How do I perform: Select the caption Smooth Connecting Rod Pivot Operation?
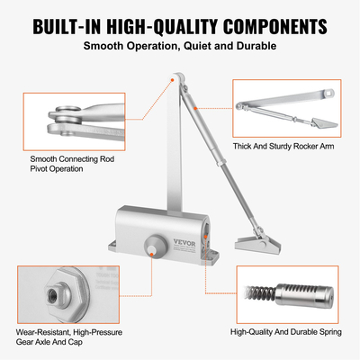[75, 163]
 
